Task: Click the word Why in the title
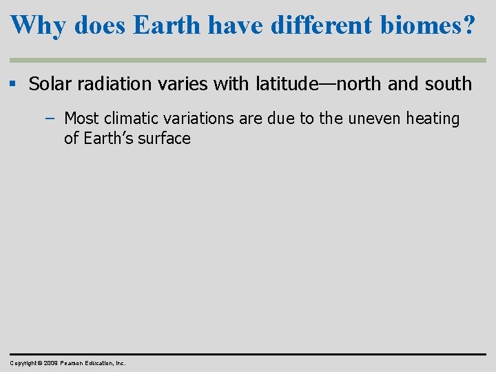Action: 39,25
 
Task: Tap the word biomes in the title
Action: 419,25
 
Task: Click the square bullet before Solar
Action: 14,84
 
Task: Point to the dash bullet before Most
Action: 49,118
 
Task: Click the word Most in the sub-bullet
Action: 82,118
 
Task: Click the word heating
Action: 433,118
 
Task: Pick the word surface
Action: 165,138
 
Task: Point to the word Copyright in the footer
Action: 23,362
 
